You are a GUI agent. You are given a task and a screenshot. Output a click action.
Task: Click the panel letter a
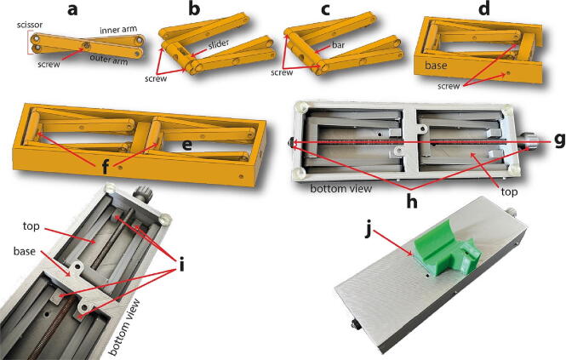[x=72, y=9]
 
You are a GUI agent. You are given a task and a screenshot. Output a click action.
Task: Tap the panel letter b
[x=194, y=9]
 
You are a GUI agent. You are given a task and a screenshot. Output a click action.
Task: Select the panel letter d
[x=484, y=9]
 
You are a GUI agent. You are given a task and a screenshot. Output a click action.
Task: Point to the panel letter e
[x=186, y=146]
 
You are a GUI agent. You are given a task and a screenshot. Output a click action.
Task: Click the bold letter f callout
[x=105, y=167]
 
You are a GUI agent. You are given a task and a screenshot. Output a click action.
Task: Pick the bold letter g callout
[x=560, y=140]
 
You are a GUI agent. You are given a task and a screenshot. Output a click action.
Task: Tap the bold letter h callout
[x=411, y=202]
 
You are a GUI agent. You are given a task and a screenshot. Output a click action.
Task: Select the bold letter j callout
[x=367, y=231]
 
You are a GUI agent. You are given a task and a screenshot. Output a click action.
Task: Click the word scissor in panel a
[x=30, y=25]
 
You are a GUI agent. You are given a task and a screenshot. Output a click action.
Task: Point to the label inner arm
[x=118, y=30]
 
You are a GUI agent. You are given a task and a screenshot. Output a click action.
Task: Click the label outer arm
[x=109, y=60]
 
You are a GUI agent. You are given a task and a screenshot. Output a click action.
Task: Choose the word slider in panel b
[x=219, y=44]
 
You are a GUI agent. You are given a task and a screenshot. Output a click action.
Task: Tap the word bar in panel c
[x=338, y=45]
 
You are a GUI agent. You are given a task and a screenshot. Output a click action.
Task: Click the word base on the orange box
[x=436, y=66]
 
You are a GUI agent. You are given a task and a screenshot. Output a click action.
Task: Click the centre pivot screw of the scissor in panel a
[x=86, y=45]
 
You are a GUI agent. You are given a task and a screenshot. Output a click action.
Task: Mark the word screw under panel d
[x=449, y=86]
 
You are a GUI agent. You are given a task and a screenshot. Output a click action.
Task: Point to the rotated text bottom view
[x=124, y=328]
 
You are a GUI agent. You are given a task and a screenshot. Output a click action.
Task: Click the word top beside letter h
[x=509, y=192]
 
